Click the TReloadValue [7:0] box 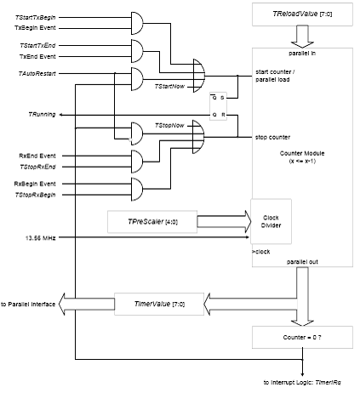click(x=302, y=14)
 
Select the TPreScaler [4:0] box click(x=152, y=222)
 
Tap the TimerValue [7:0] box click(x=159, y=304)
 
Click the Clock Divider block click(x=271, y=221)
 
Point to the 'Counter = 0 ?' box click(x=302, y=337)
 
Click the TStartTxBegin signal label click(x=36, y=18)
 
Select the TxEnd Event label click(x=37, y=56)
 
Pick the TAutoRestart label click(x=37, y=74)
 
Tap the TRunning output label click(x=42, y=114)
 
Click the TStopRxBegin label click(x=35, y=195)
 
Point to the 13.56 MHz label click(x=40, y=238)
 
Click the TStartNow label click(x=169, y=86)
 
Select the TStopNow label click(x=169, y=125)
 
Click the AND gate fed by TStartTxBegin click(x=137, y=23)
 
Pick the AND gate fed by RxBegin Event click(x=137, y=189)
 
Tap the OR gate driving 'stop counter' click(x=198, y=137)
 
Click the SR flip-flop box click(x=218, y=106)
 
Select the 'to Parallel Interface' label click(x=28, y=305)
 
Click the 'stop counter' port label click(x=272, y=137)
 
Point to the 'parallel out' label click(x=302, y=262)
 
